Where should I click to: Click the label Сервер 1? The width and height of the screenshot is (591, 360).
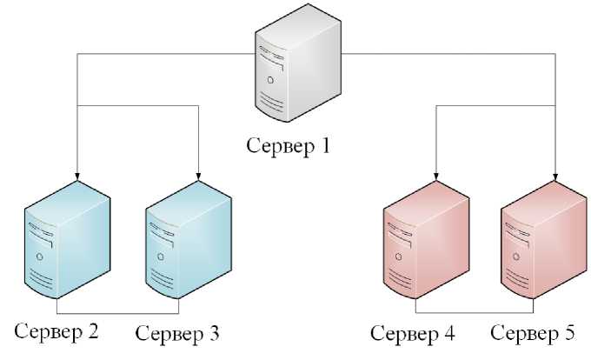288,144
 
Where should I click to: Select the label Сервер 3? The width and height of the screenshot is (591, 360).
178,333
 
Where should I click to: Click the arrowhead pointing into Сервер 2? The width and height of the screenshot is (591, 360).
78,178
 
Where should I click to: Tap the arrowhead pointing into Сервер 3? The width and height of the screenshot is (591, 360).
200,178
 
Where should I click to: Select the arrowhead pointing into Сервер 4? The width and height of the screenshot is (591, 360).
435,179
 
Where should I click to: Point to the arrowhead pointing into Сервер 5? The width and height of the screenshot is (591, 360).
555,179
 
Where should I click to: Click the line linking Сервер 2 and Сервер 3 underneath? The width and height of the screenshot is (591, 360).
117,311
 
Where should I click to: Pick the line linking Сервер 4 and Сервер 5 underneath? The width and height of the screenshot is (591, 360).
475,311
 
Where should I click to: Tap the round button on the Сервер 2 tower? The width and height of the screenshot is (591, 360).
38,257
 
